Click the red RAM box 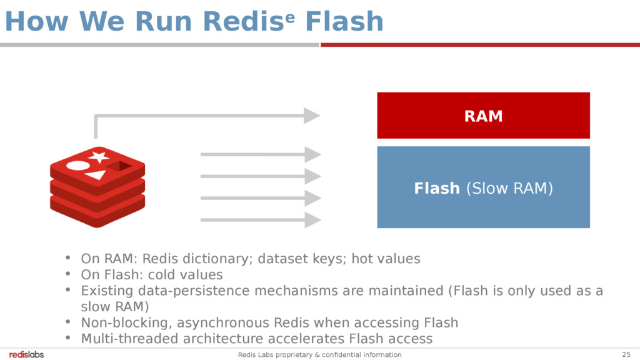click(483, 116)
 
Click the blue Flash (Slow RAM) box click(483, 187)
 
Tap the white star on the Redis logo click(98, 156)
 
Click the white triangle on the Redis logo click(96, 175)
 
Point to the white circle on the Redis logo click(78, 166)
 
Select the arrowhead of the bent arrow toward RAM click(311, 116)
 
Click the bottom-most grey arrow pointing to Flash click(261, 220)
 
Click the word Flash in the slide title click(344, 22)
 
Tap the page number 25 click(626, 354)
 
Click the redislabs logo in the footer click(27, 354)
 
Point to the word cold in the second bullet click(165, 275)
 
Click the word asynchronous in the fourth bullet click(224, 323)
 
